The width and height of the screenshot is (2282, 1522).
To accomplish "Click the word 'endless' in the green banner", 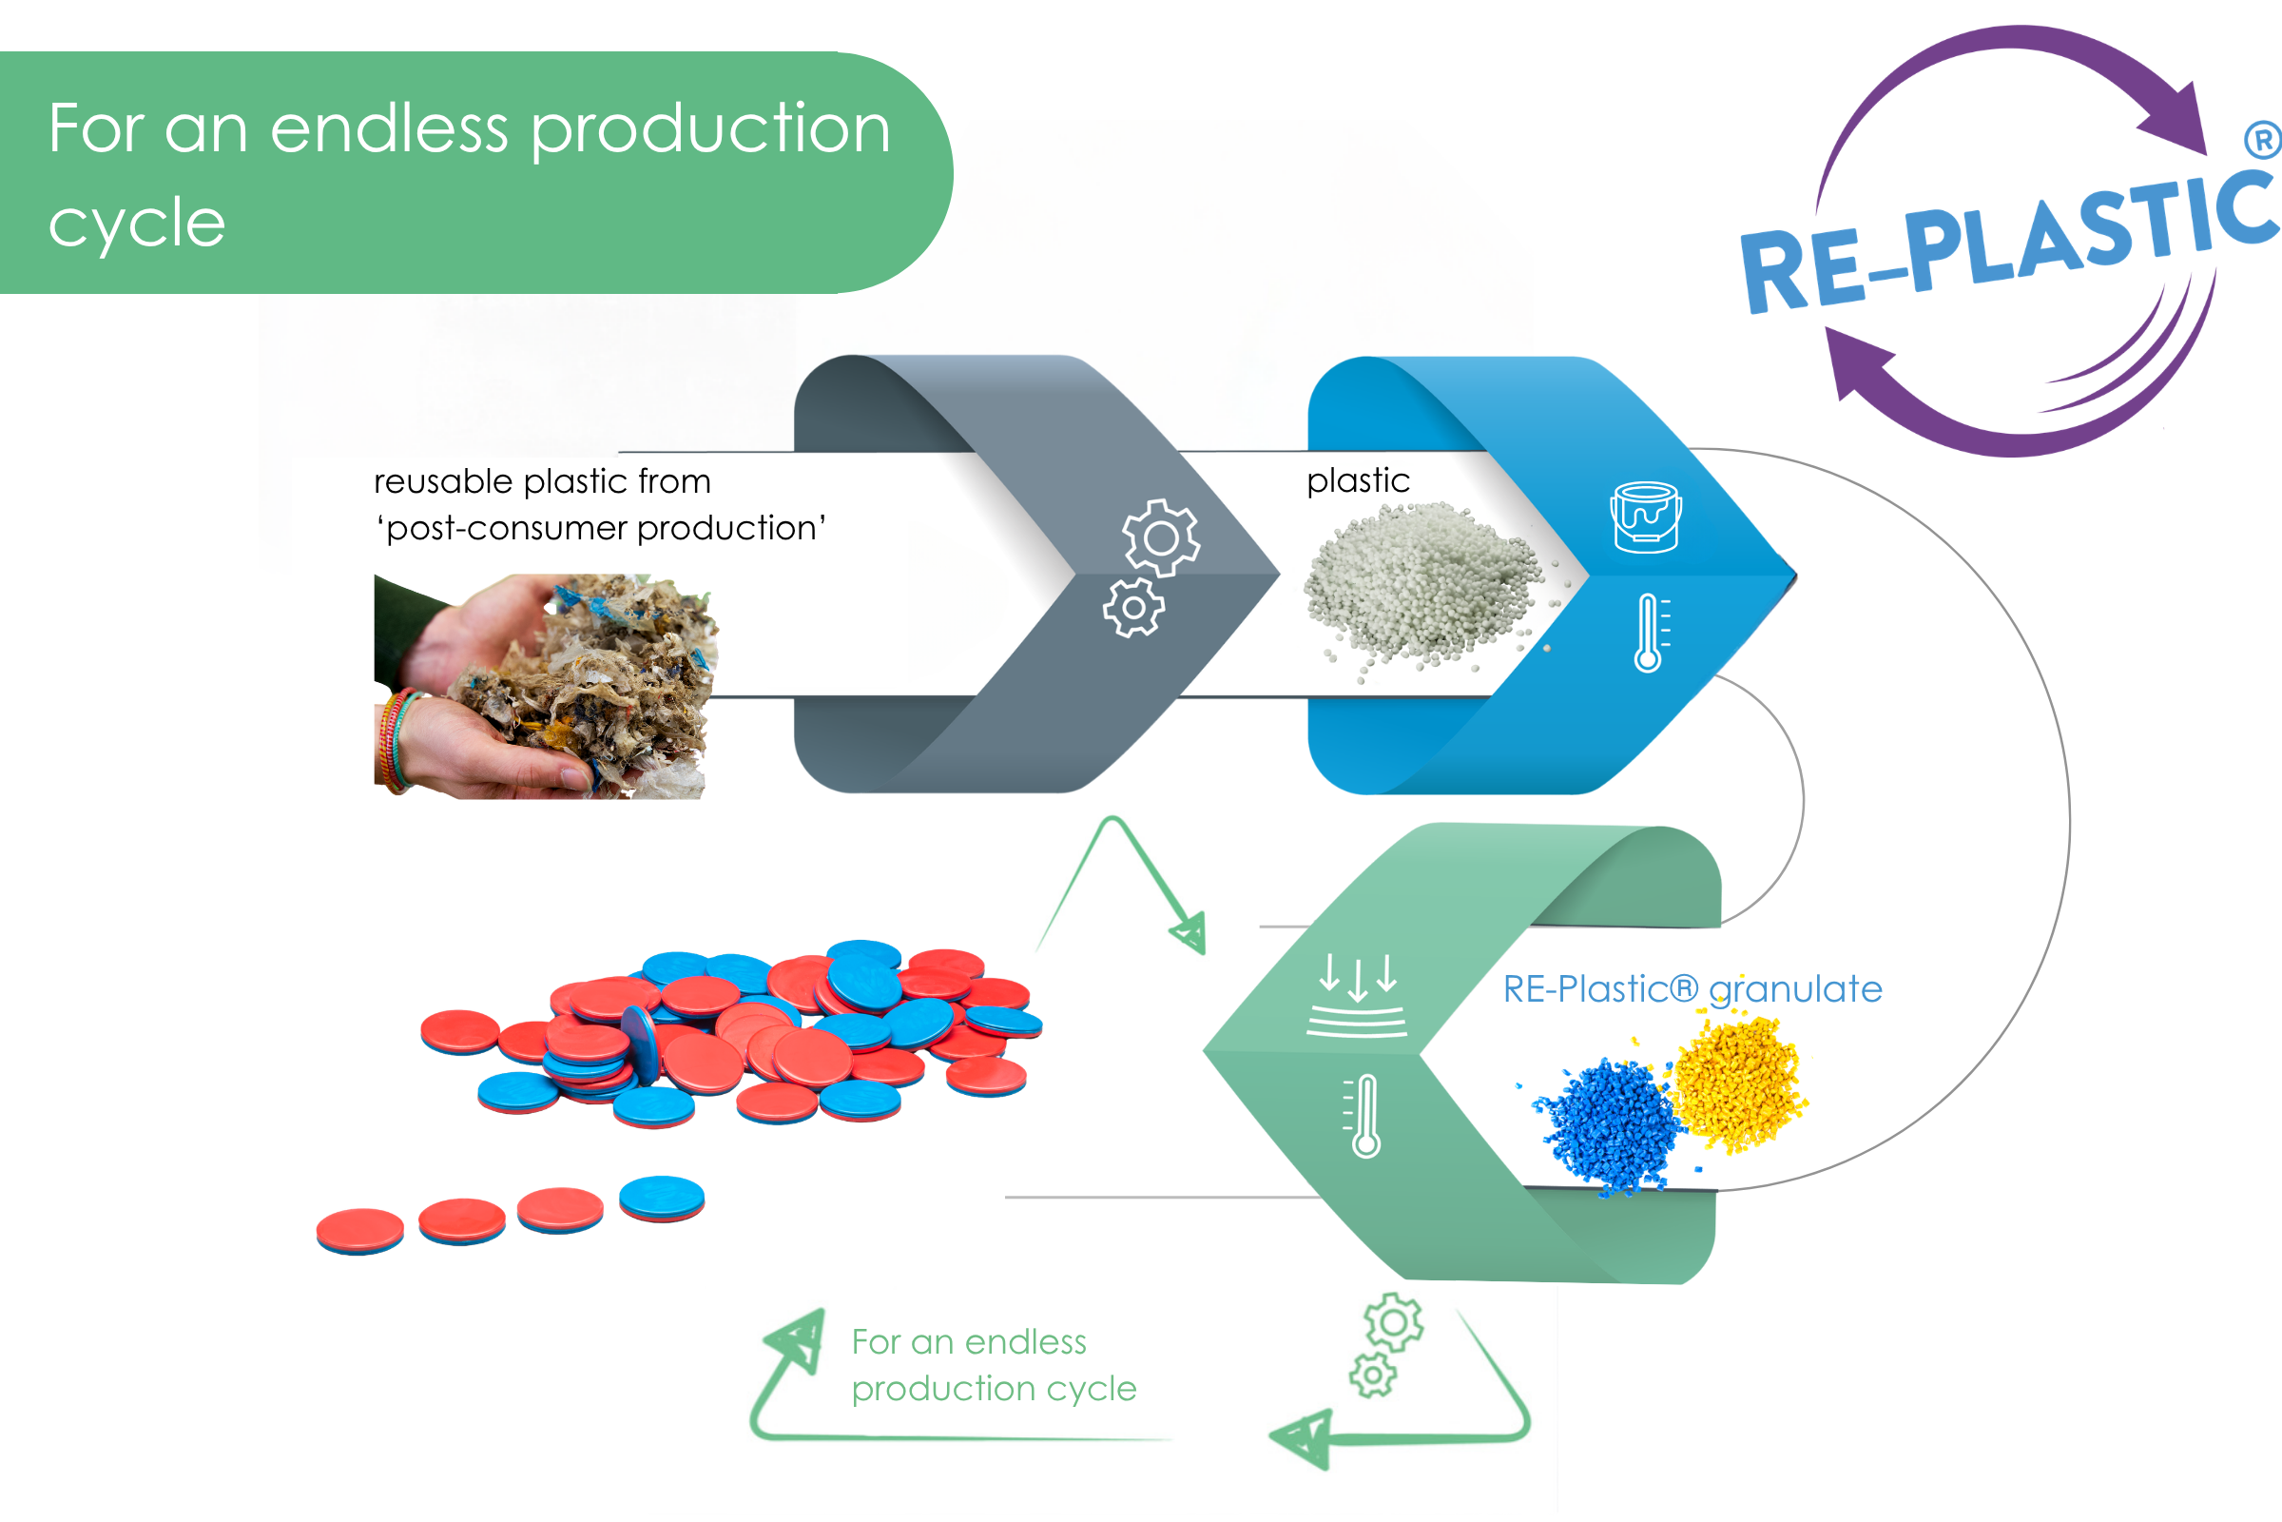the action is [388, 129].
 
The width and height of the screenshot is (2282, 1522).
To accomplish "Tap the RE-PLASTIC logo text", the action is [2008, 243].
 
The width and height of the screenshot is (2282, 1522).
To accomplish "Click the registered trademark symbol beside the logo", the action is [2264, 141].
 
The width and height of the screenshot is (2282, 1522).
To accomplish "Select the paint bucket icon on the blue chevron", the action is [1646, 517].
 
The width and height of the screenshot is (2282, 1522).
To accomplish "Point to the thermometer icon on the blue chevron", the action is [1650, 633].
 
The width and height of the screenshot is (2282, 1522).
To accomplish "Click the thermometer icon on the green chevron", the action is [1363, 1115].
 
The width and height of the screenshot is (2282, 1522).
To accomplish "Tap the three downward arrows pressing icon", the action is [1357, 995].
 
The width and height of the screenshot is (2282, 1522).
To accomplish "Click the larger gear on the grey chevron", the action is [1160, 537].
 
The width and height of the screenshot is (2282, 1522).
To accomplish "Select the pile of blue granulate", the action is [1606, 1126].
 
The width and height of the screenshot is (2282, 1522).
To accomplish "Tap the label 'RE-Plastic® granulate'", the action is [1692, 989].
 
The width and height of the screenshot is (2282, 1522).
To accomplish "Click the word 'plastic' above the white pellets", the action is [1359, 481].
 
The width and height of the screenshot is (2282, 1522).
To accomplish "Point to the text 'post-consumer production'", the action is [602, 529].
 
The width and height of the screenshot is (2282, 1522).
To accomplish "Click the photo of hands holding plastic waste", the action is [545, 686].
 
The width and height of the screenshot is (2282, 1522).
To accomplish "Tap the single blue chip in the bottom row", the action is [662, 1199].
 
